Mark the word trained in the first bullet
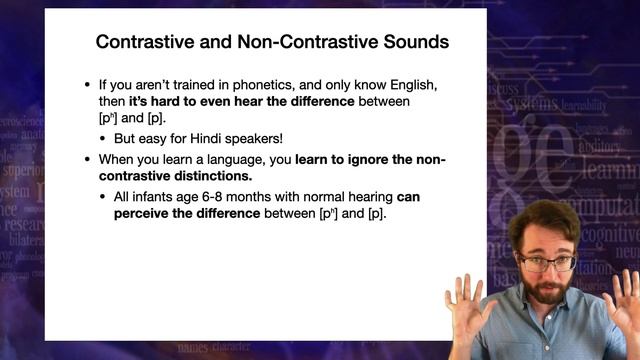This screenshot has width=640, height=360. point(194,85)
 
